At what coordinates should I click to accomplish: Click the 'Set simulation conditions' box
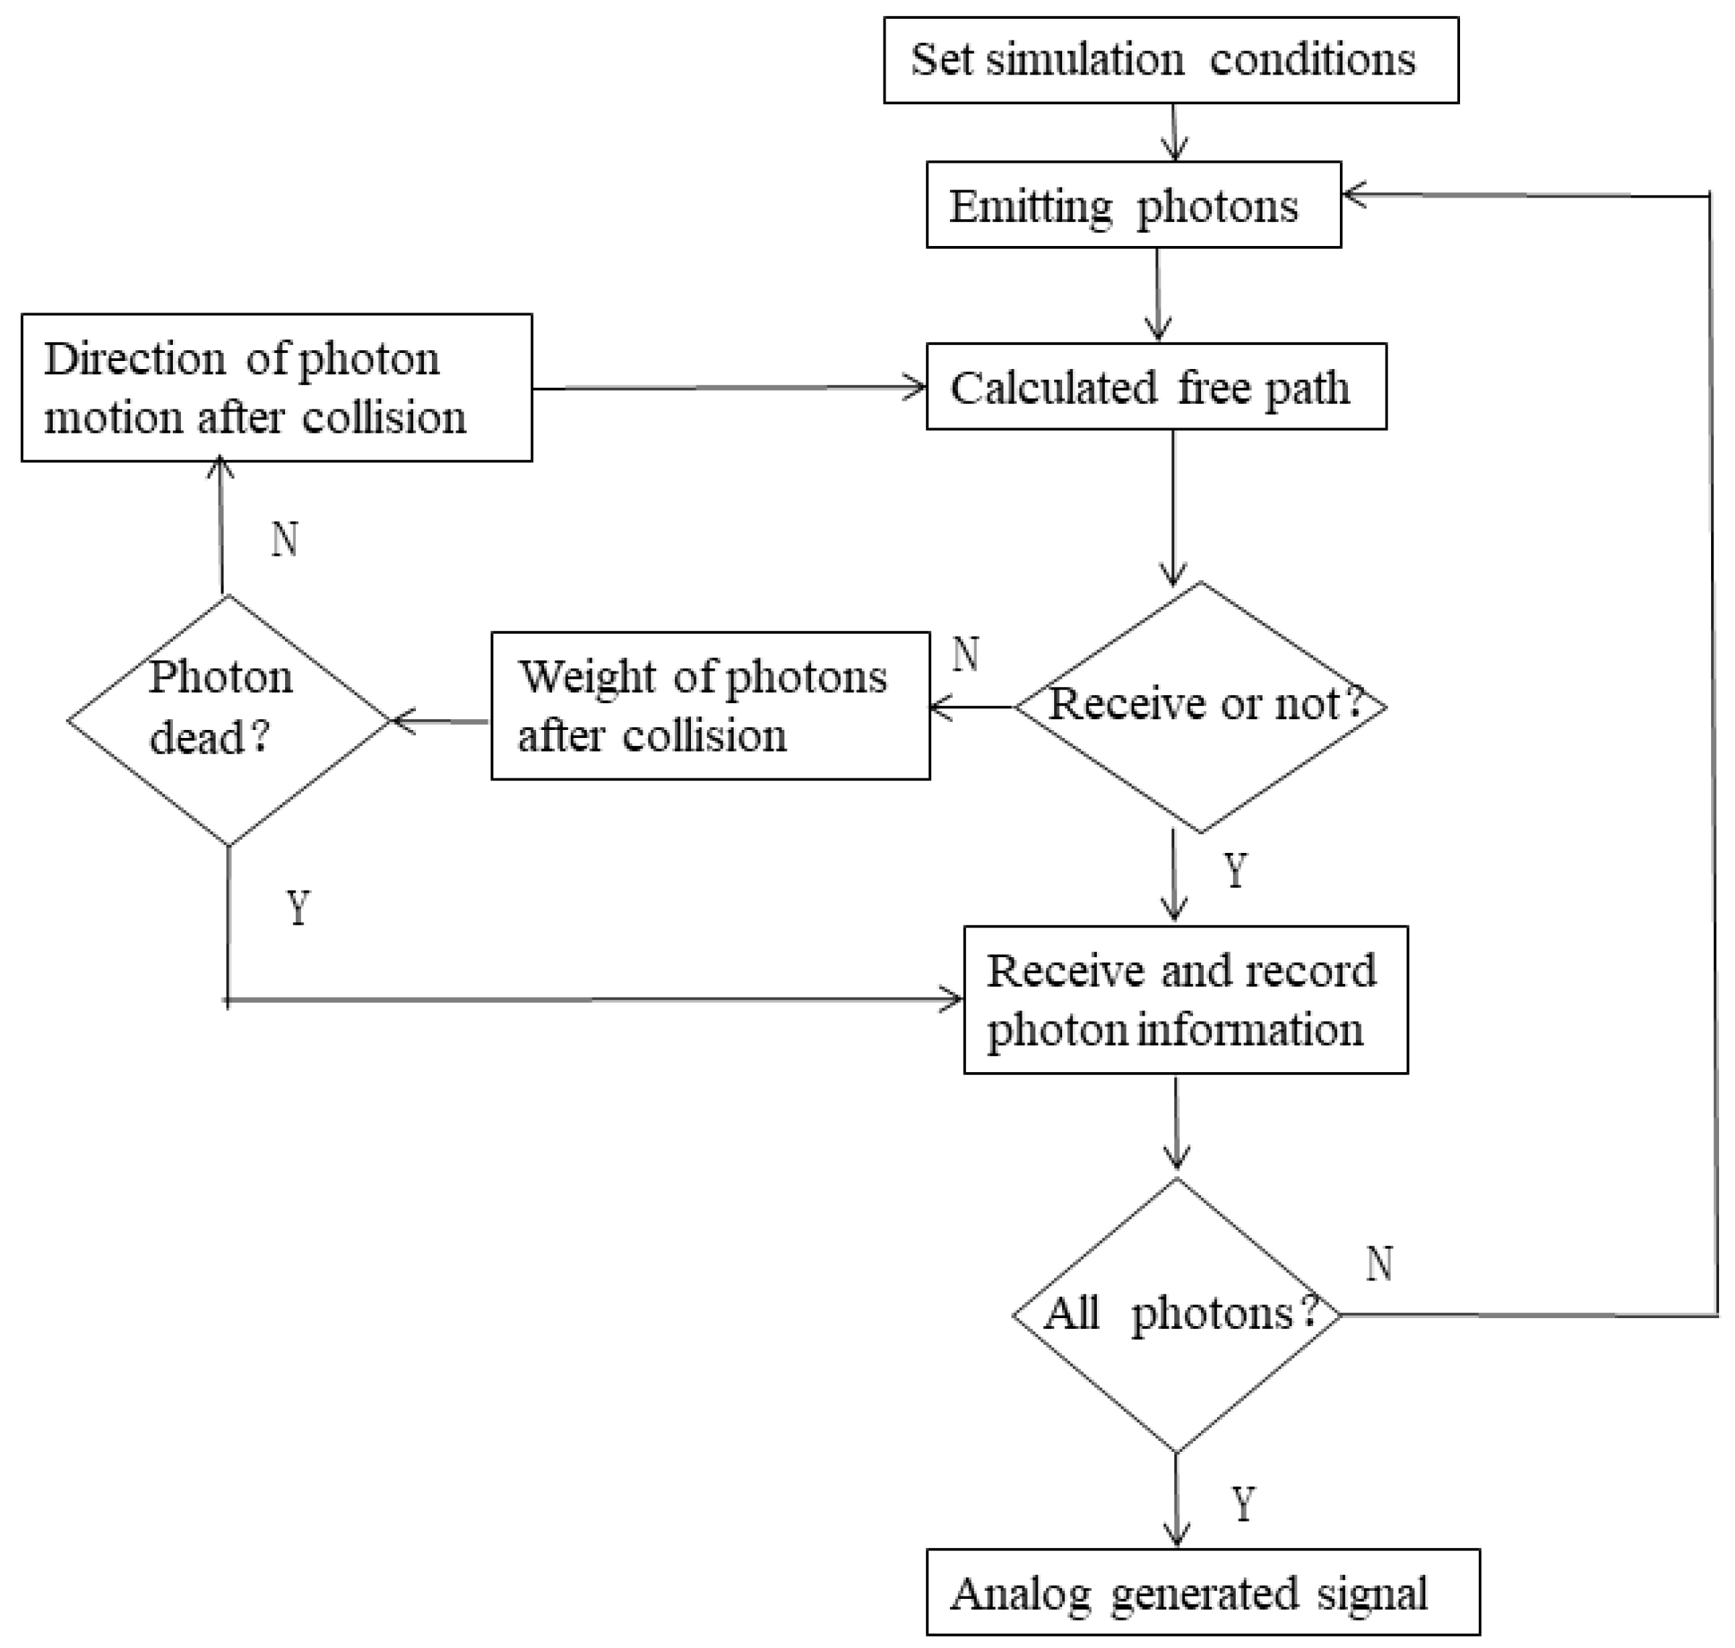click(x=1170, y=61)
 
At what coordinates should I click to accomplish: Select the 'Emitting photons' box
click(x=1133, y=205)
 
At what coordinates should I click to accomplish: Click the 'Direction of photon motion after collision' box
click(x=276, y=388)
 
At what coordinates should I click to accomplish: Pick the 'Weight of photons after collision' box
click(x=710, y=705)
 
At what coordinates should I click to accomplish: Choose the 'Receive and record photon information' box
click(x=1185, y=1000)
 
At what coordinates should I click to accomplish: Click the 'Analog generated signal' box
click(x=1202, y=1591)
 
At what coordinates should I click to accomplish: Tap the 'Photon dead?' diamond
click(x=229, y=721)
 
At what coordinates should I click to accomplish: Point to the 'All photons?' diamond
click(x=1177, y=1314)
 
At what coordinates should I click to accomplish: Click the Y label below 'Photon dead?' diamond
click(x=299, y=907)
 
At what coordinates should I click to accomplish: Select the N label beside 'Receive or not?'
click(x=965, y=653)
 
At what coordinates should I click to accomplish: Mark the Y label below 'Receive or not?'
click(x=1235, y=870)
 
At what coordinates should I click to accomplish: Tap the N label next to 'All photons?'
click(x=1379, y=1263)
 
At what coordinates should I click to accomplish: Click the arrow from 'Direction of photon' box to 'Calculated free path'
click(x=729, y=388)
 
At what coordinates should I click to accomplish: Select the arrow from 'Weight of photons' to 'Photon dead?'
click(x=439, y=721)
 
